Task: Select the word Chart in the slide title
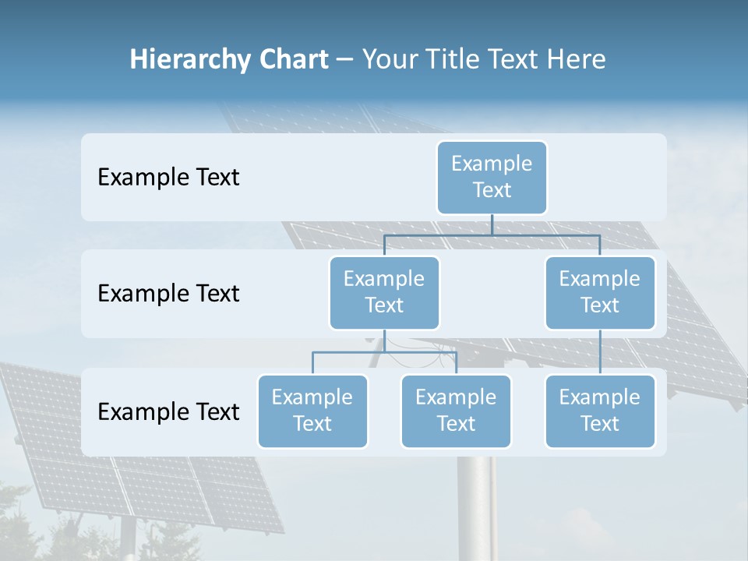[291, 60]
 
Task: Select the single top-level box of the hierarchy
[492, 177]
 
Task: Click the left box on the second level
[384, 292]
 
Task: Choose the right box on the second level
[600, 292]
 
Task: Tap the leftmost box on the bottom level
[312, 411]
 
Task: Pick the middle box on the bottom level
[456, 411]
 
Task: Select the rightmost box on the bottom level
[600, 411]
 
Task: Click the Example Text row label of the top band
[168, 177]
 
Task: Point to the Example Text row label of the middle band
[168, 293]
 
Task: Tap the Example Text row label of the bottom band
[168, 411]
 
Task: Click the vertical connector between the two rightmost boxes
[600, 352]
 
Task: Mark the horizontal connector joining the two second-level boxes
[492, 235]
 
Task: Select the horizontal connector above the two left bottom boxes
[384, 352]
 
